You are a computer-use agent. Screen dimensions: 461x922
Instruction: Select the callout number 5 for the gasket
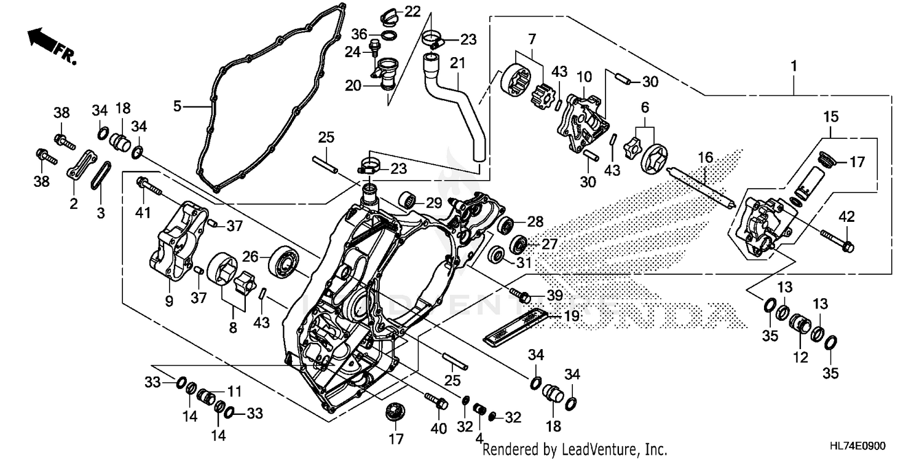click(178, 106)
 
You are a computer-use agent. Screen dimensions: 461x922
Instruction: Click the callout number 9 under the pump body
click(169, 301)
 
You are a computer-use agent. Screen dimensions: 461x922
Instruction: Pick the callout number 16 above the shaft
click(705, 158)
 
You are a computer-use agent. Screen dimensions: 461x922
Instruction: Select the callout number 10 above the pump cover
click(584, 77)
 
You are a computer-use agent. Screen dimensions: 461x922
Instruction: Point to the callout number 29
click(434, 202)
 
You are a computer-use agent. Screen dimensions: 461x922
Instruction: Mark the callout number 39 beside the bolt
click(554, 296)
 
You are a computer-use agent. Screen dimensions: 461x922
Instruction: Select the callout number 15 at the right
click(831, 116)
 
